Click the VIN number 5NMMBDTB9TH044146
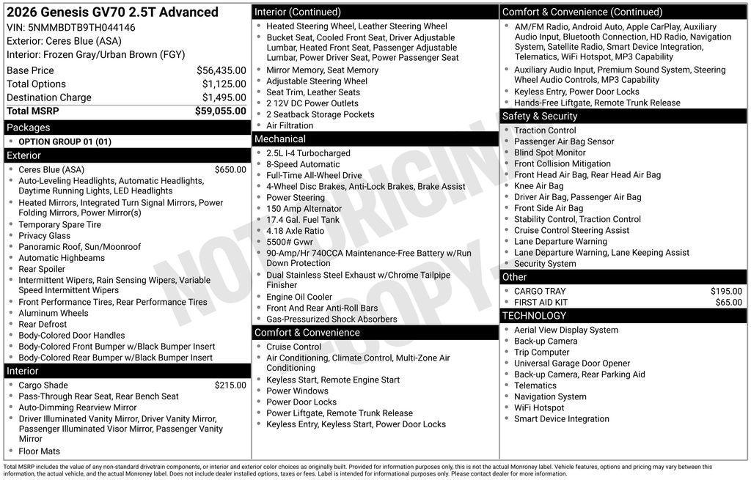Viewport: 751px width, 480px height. coord(81,28)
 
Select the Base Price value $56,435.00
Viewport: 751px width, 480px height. coord(221,70)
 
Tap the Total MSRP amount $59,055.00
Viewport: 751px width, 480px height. coord(220,111)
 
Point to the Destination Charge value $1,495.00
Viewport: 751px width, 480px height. coord(224,97)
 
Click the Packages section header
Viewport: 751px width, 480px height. coord(29,128)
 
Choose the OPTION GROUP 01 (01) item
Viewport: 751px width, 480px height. coord(65,141)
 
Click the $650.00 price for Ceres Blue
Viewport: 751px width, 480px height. coord(230,170)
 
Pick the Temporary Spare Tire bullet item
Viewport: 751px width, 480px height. coord(59,225)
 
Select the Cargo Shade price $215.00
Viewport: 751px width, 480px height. coord(230,385)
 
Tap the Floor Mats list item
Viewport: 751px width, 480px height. coord(39,451)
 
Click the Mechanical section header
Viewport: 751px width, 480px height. coord(280,139)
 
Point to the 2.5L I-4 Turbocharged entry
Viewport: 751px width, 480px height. coord(308,153)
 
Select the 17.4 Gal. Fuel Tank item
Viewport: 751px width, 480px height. coord(303,220)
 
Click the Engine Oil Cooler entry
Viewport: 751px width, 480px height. coord(299,297)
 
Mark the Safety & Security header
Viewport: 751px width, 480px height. coord(540,117)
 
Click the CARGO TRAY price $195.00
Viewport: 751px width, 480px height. coord(726,291)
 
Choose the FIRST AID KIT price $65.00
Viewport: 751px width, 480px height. coord(728,302)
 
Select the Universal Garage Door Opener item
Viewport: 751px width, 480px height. coord(572,363)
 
